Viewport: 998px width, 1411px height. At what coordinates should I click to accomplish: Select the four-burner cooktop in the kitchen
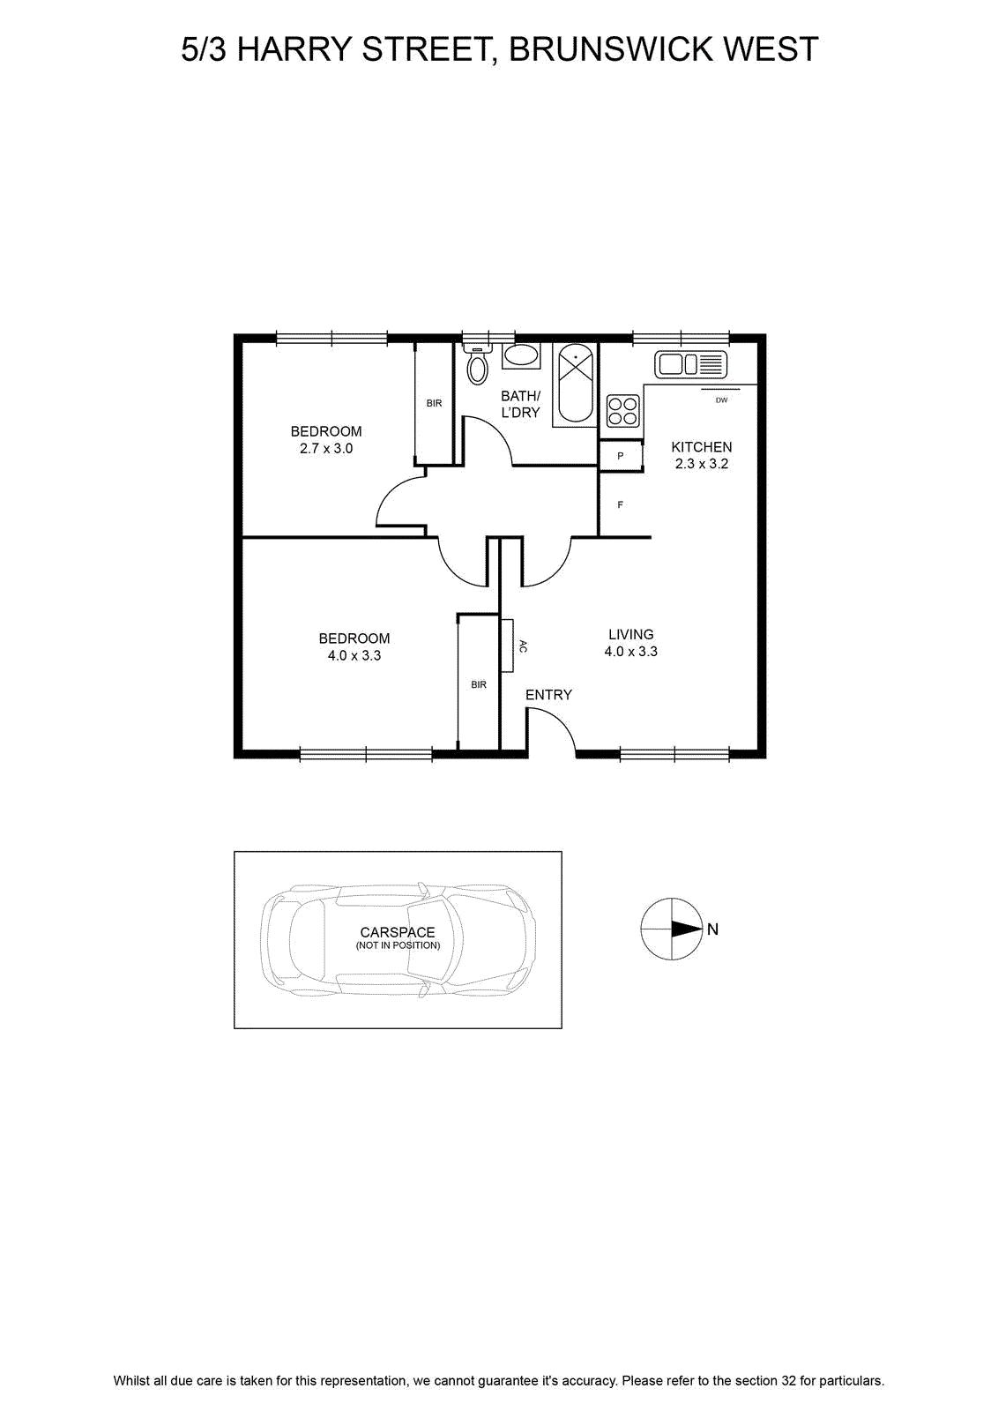point(622,410)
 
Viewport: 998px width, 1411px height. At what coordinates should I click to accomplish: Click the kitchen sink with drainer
point(690,364)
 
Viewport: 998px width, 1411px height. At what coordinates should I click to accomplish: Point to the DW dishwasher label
point(721,399)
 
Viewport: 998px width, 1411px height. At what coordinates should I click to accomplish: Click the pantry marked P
point(620,456)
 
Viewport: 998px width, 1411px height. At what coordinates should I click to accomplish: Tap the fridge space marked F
point(620,504)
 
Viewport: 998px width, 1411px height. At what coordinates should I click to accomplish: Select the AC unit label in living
point(523,646)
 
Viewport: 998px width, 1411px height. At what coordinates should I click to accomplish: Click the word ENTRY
point(548,694)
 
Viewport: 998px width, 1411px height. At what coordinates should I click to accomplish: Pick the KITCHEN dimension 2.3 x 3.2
point(702,464)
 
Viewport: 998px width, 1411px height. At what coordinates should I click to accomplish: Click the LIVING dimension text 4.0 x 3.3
point(631,652)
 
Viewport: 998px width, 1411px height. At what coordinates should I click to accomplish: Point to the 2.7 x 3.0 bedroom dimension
point(326,449)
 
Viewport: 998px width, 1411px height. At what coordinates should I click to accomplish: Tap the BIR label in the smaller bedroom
point(434,403)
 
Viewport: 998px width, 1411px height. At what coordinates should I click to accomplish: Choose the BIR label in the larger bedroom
point(479,684)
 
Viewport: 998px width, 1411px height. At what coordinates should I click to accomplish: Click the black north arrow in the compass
point(687,929)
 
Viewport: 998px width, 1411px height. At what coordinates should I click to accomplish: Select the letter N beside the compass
point(712,929)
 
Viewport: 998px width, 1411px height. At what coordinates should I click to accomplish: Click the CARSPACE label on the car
point(398,932)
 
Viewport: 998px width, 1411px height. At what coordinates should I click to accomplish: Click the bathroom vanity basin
point(521,356)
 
